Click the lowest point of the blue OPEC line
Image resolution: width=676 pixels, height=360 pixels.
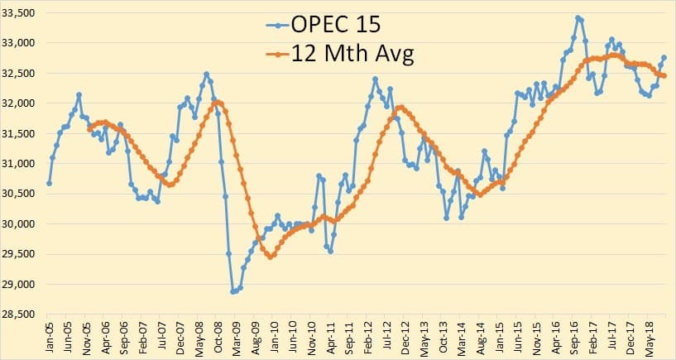[x=233, y=291]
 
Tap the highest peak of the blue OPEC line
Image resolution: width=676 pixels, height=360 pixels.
[x=577, y=17]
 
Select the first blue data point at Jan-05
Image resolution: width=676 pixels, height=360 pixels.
[x=49, y=183]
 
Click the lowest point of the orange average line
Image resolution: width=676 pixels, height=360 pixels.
[x=270, y=257]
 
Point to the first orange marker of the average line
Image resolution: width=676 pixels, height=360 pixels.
[x=89, y=129]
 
